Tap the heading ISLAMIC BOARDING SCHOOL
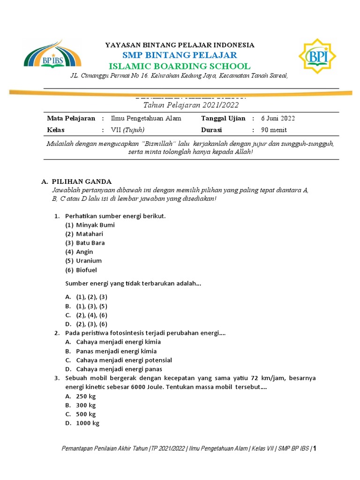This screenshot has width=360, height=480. [x=180, y=66]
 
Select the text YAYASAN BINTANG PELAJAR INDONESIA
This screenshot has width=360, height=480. [x=180, y=45]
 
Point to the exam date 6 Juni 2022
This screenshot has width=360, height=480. [x=278, y=118]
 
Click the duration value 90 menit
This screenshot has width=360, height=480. [x=274, y=130]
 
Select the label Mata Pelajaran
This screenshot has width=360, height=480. [x=71, y=118]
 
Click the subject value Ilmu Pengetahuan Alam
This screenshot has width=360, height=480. [x=146, y=118]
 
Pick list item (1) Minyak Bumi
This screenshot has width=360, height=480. [x=90, y=225]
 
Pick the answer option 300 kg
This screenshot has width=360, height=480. [x=86, y=405]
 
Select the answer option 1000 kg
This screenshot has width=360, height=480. [x=88, y=423]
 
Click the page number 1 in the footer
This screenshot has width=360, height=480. [x=315, y=449]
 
